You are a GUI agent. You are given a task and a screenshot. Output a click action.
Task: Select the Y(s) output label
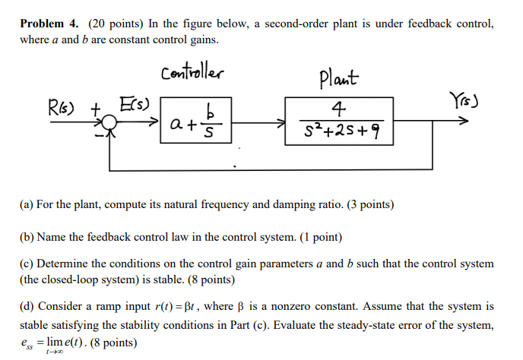click(x=468, y=101)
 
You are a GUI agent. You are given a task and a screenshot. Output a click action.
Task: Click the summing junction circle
click(x=110, y=122)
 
